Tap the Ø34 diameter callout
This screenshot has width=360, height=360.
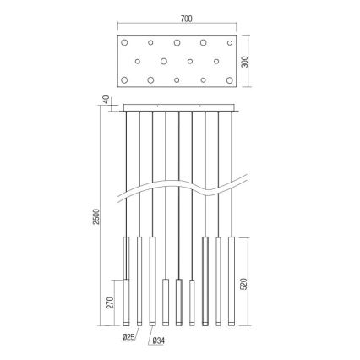pos(158,342)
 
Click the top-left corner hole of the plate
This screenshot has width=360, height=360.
pos(123,42)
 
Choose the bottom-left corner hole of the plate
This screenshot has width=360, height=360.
pos(123,80)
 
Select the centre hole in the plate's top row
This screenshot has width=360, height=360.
pos(177,42)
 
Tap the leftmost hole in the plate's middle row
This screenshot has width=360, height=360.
pos(136,61)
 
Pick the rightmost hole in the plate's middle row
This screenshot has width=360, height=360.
pos(217,61)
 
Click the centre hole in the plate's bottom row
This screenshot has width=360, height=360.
pos(177,80)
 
